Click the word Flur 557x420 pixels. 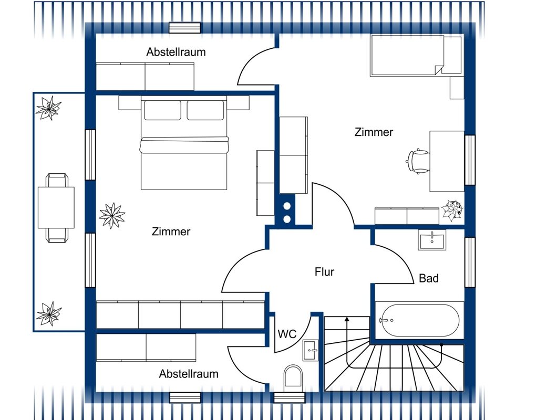coord(324,272)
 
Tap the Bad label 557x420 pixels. coord(429,278)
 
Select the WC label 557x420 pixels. coord(287,334)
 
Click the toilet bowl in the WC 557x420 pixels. coord(293,377)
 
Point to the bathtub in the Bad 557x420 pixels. coord(419,320)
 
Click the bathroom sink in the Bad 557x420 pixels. coord(432,240)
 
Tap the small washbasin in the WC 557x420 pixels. coord(311,350)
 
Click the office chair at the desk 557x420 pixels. coord(418,161)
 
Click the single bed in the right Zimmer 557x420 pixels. coord(416,55)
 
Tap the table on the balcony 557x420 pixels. coord(56,208)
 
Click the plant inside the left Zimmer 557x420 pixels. coord(112,215)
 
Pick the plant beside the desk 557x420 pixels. coord(452,210)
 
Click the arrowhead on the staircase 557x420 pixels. coord(347,320)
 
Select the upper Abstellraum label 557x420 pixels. coord(176,52)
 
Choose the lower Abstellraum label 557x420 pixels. coord(189,374)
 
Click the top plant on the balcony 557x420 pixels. coord(49,108)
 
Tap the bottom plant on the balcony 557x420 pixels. coord(49,313)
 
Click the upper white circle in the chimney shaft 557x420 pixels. coord(287,206)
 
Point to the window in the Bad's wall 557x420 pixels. coord(470,262)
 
